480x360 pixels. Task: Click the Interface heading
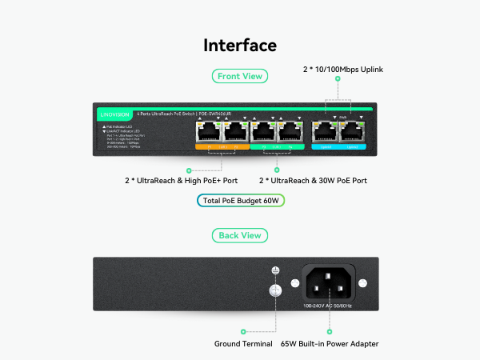click(240, 46)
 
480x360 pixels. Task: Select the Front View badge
click(240, 76)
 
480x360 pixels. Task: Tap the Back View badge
click(240, 235)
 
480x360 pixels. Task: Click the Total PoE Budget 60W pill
click(240, 201)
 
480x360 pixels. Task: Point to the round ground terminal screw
click(275, 293)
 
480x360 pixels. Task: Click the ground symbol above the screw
click(275, 272)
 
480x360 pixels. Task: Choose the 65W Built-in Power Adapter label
click(330, 344)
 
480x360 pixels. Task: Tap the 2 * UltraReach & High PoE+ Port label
click(186, 181)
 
